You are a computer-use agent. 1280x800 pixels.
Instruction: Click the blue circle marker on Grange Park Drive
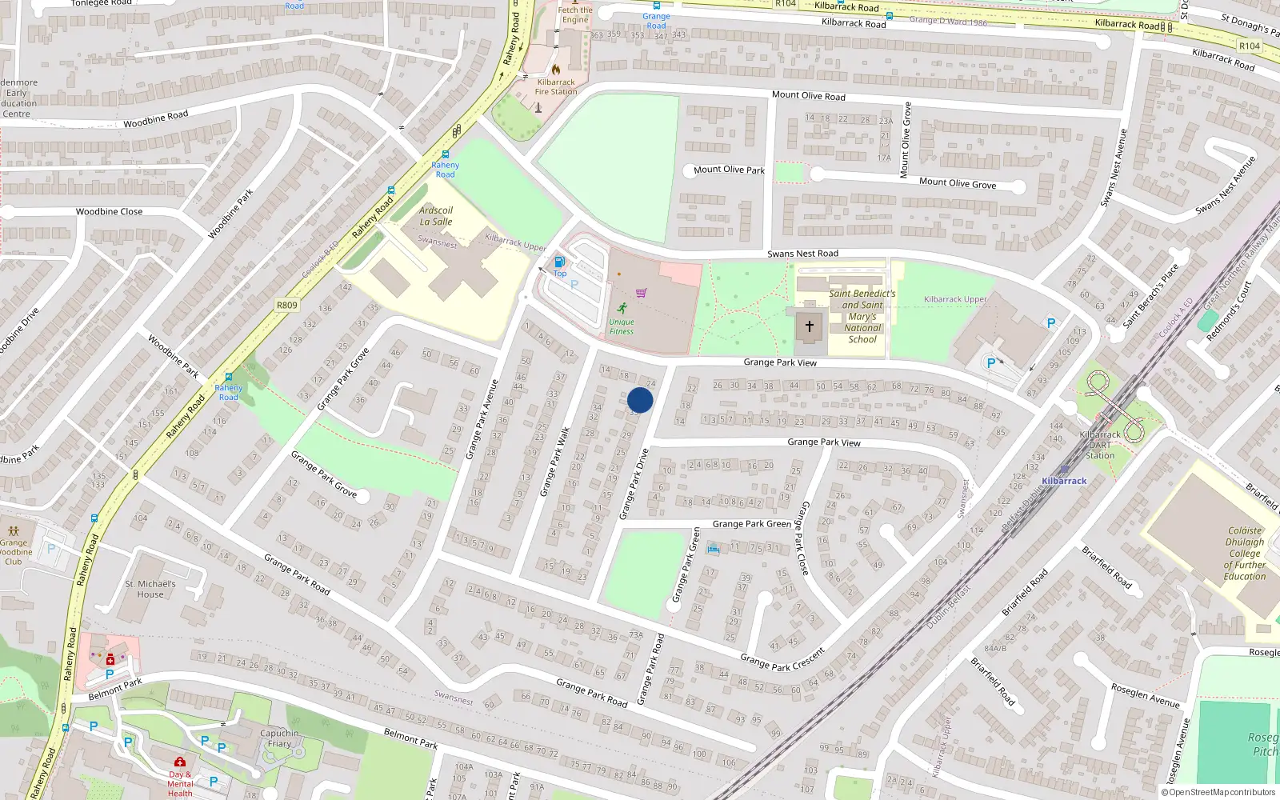pos(640,400)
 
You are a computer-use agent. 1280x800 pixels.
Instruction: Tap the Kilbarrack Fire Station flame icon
pos(556,69)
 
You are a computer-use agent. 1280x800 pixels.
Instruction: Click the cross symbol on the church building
pos(809,326)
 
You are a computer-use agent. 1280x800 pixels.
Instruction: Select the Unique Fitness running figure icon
pos(622,308)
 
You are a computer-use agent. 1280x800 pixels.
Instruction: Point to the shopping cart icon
pos(641,293)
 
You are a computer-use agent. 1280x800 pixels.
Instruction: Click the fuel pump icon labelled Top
pos(559,262)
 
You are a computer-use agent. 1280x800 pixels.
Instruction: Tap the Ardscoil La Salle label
pos(436,216)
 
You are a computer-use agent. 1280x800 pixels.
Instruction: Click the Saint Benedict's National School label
pos(862,316)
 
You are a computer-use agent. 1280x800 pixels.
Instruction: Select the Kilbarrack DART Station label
pos(1100,445)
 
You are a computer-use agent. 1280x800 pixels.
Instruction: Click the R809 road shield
pos(286,305)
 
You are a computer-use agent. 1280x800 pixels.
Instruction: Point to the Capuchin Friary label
pos(279,738)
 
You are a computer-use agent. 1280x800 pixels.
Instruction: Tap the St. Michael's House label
pos(150,589)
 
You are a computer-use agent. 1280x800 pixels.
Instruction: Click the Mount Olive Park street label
pos(729,170)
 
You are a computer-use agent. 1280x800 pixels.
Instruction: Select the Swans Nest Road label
pos(802,254)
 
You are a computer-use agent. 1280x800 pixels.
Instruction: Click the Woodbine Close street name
pos(109,212)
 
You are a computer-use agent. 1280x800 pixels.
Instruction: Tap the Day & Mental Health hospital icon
pos(180,762)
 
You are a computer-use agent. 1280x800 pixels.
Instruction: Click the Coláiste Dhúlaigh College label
pos(1245,553)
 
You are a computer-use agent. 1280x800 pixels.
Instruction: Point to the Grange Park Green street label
pos(751,524)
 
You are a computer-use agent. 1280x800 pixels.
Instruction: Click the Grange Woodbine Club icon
pos(14,530)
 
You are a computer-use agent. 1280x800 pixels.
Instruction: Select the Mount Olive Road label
pos(808,95)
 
